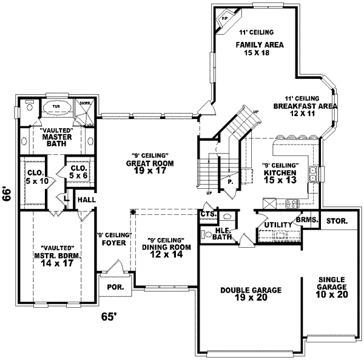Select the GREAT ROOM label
pyautogui.click(x=150, y=163)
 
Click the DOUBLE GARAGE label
pyautogui.click(x=251, y=291)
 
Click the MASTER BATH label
pyautogui.click(x=57, y=137)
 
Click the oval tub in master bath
pyautogui.click(x=56, y=107)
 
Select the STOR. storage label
pyautogui.click(x=338, y=222)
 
